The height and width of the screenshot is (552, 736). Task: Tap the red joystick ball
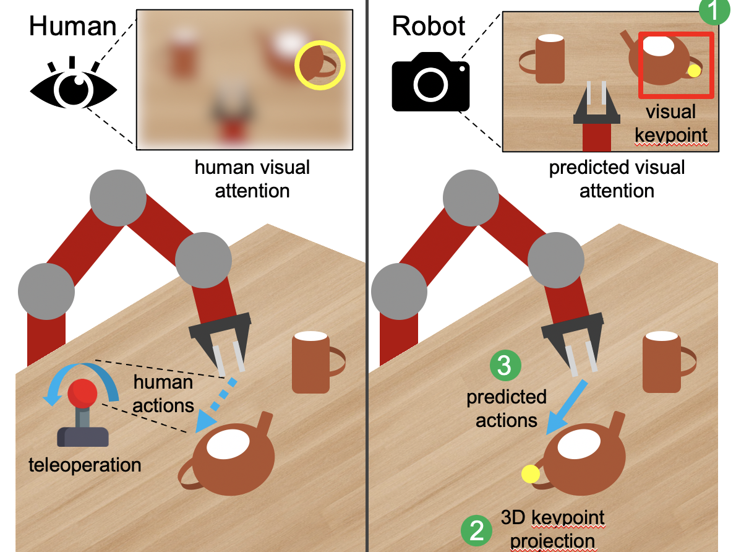click(x=82, y=392)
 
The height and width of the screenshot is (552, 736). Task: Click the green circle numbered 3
click(x=505, y=366)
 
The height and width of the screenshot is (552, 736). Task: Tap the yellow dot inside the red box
click(x=694, y=71)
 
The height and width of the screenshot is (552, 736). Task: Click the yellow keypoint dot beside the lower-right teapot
click(x=530, y=474)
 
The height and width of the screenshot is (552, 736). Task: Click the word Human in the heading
click(x=72, y=26)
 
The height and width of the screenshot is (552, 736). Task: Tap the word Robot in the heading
click(x=429, y=26)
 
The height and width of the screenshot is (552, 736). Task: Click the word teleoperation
click(x=85, y=464)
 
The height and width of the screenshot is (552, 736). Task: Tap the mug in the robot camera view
click(x=549, y=59)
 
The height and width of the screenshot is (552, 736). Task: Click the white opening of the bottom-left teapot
click(x=229, y=444)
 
